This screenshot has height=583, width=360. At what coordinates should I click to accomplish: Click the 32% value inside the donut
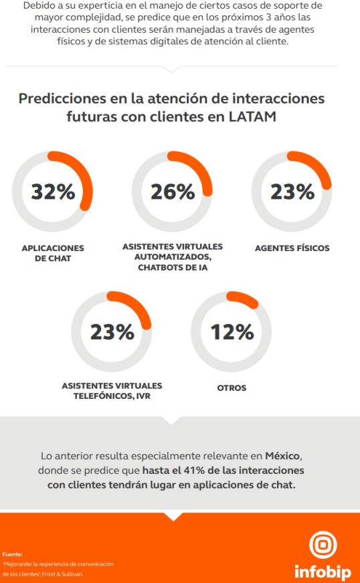point(54,192)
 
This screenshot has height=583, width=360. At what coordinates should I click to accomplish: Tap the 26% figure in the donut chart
point(173,192)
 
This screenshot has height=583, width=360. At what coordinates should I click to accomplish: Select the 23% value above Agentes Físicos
point(292,192)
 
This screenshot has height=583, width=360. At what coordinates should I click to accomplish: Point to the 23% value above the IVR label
point(112,331)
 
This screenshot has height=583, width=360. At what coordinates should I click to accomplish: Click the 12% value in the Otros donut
point(232,331)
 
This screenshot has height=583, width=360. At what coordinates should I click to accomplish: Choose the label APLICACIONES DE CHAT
point(54,252)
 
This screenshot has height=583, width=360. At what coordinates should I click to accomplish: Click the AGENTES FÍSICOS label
point(292,248)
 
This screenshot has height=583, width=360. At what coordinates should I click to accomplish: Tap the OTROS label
point(232,388)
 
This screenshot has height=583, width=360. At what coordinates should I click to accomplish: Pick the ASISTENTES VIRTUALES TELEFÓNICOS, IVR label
point(112,391)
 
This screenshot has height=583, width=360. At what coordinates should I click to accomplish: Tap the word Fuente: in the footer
point(13,554)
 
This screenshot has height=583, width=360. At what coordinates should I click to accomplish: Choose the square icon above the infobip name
point(323,546)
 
